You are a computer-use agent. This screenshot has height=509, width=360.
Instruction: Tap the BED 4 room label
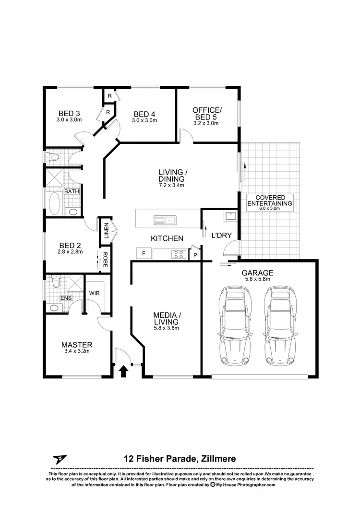click(x=144, y=114)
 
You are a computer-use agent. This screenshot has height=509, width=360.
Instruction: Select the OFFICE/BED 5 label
click(x=207, y=113)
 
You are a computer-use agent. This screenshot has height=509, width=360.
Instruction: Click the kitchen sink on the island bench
click(x=165, y=220)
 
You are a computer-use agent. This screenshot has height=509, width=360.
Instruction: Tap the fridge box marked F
click(x=143, y=253)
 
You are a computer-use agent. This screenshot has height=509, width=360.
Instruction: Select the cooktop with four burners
click(x=180, y=255)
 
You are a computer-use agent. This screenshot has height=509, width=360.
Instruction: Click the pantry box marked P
click(x=195, y=255)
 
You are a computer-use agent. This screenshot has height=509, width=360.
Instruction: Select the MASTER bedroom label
click(x=77, y=344)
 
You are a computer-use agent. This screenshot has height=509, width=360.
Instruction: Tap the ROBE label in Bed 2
click(x=105, y=260)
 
